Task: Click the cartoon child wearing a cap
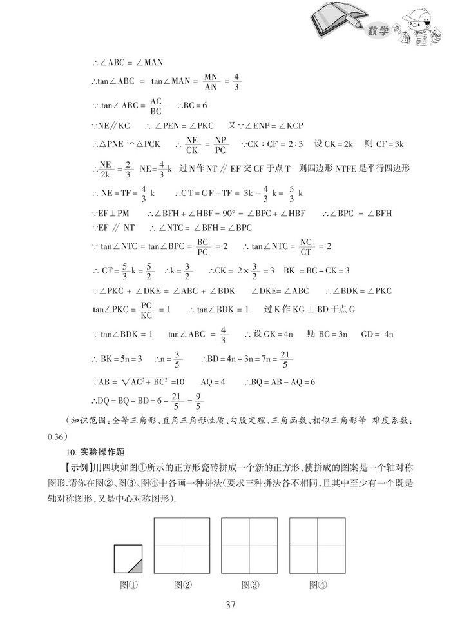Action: tap(419, 29)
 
